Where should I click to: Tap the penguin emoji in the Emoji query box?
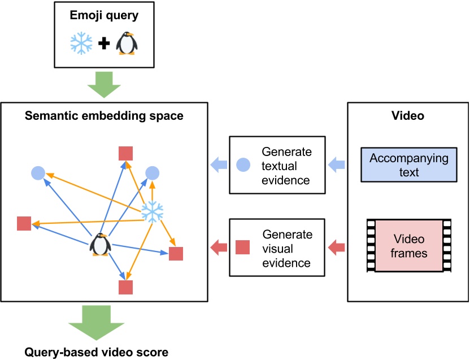[x=126, y=44]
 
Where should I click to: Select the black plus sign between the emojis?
[x=103, y=44]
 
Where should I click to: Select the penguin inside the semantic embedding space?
[x=100, y=245]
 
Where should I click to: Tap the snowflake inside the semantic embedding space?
[x=152, y=211]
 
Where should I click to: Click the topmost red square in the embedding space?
[x=125, y=153]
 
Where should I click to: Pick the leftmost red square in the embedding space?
[x=24, y=224]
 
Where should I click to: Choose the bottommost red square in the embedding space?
[x=125, y=287]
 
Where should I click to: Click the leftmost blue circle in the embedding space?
[x=38, y=174]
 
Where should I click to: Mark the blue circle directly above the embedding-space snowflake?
[x=152, y=173]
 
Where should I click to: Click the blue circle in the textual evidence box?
[x=242, y=165]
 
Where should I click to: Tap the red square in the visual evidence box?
[x=242, y=247]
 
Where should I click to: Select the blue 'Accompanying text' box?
[x=409, y=165]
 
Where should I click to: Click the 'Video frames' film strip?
[x=409, y=245]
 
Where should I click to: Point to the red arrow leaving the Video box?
[x=337, y=246]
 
